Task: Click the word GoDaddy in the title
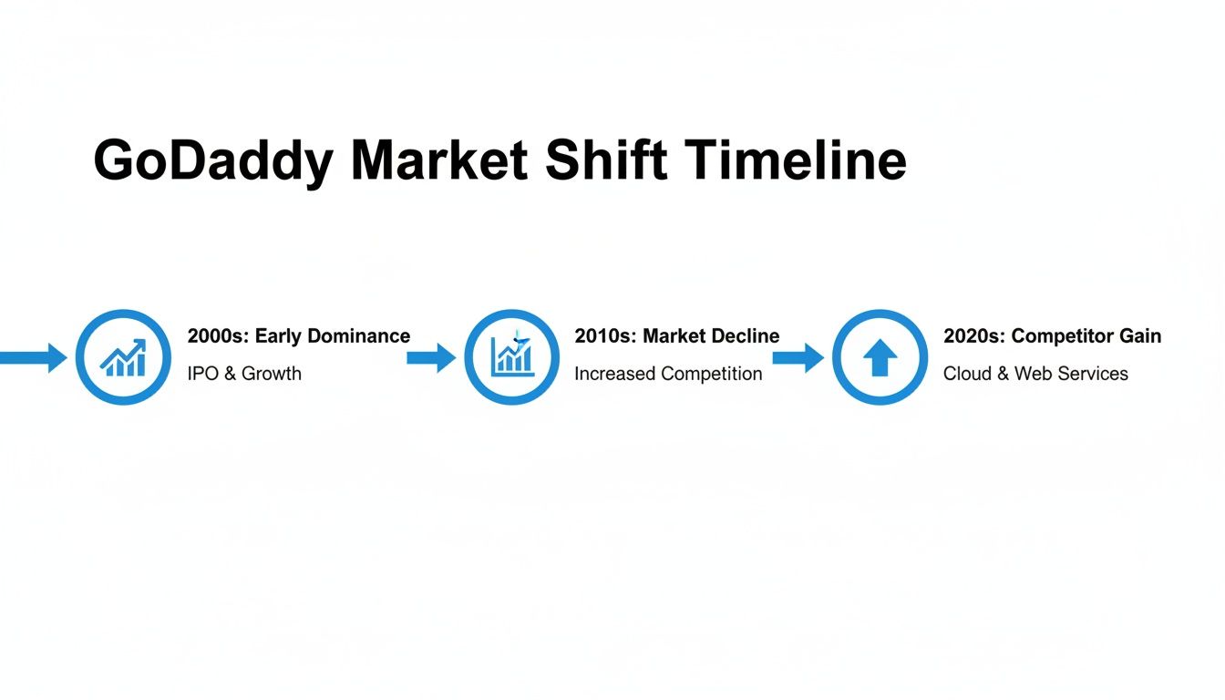click(x=213, y=162)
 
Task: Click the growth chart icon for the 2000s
click(x=123, y=357)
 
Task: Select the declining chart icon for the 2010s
click(x=511, y=357)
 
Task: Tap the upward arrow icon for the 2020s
click(x=880, y=357)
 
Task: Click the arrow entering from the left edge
click(x=32, y=357)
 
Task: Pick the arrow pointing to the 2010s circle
click(x=431, y=357)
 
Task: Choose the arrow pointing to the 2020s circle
click(x=798, y=357)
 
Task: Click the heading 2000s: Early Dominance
click(x=298, y=336)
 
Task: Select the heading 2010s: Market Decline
click(x=676, y=336)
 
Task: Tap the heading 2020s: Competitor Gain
click(x=1052, y=336)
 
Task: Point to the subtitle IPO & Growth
click(x=243, y=374)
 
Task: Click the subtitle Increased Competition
click(x=667, y=374)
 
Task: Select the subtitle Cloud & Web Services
click(x=1035, y=374)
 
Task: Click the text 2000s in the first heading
click(x=218, y=336)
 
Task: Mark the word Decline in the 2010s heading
click(x=746, y=336)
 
